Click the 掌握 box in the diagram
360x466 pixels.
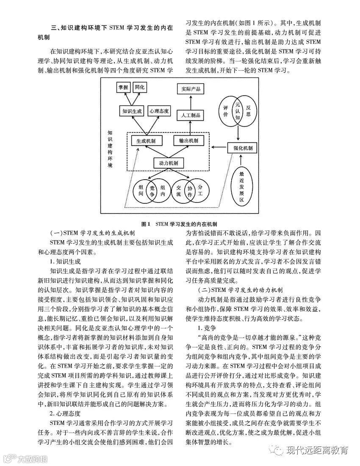(x=123, y=87)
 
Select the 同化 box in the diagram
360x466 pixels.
(x=140, y=87)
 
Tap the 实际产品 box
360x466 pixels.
(x=191, y=89)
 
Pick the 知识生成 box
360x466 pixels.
(x=132, y=111)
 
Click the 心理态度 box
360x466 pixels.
(x=159, y=111)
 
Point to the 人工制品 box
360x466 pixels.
(x=191, y=115)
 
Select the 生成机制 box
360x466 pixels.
(x=143, y=141)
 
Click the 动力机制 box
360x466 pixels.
(x=168, y=163)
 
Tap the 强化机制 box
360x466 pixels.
(x=243, y=147)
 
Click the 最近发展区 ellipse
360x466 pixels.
(x=241, y=185)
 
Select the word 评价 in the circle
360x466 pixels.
(x=226, y=111)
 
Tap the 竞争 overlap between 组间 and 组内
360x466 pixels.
(x=152, y=191)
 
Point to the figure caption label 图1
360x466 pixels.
(x=146, y=223)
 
